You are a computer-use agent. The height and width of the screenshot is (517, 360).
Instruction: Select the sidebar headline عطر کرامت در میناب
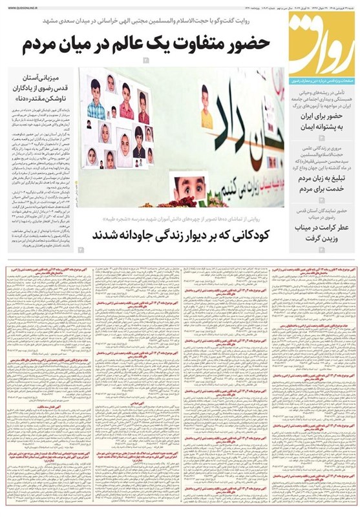click(x=321, y=229)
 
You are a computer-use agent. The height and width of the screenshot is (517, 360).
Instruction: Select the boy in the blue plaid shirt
click(x=96, y=100)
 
